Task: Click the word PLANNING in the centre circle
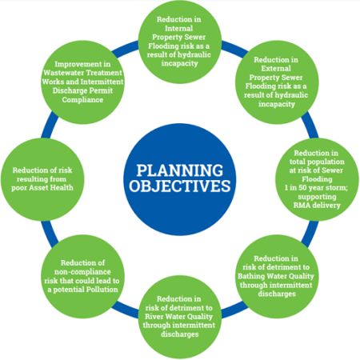click(x=180, y=170)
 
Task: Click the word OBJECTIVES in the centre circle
click(x=180, y=186)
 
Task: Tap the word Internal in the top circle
click(x=178, y=28)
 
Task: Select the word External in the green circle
click(x=276, y=69)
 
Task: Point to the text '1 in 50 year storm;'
click(x=316, y=188)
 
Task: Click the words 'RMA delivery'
click(x=317, y=206)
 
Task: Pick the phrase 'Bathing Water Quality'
click(x=276, y=276)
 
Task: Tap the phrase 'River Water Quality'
click(x=178, y=317)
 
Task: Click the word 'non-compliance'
click(x=82, y=272)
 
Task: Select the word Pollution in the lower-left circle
click(x=102, y=290)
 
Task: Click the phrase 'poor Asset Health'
click(x=42, y=188)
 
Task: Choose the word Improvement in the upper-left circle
click(x=82, y=64)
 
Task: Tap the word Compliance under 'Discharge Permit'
click(x=82, y=100)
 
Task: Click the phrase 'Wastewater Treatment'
click(x=82, y=73)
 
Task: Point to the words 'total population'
click(x=317, y=162)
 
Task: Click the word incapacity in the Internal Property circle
click(x=180, y=63)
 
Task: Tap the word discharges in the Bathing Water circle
click(x=277, y=294)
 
